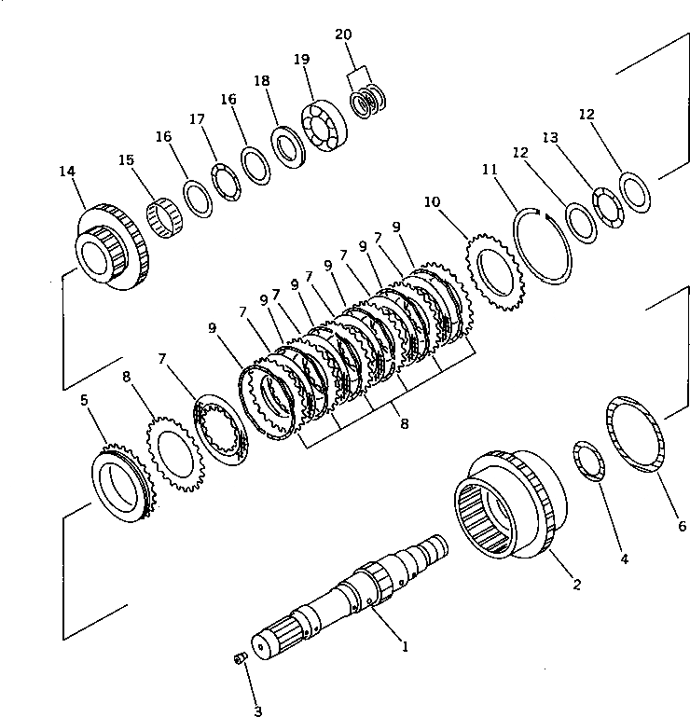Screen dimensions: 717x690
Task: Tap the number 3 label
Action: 257,711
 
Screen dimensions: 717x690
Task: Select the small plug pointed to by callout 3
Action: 238,660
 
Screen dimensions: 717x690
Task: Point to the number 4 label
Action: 624,559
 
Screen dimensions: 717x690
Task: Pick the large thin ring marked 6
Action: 636,434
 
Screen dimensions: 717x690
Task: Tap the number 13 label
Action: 550,138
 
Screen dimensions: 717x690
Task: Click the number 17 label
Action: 197,119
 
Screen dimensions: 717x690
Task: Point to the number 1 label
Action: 404,644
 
